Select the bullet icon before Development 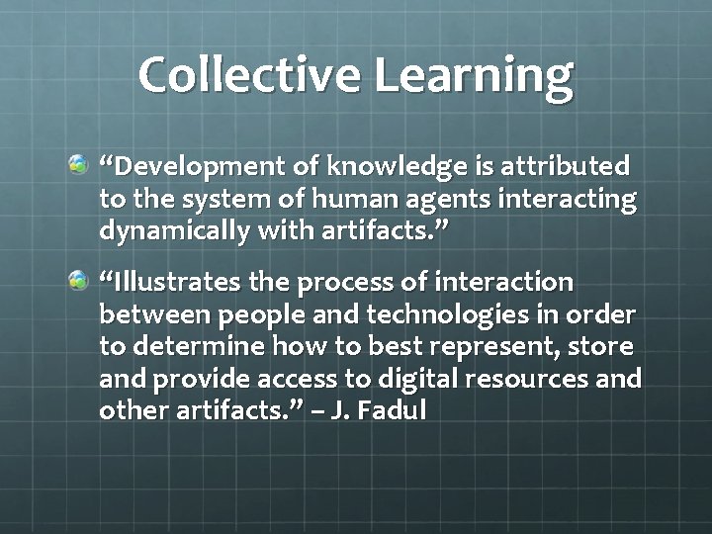click(78, 160)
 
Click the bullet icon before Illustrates click(78, 282)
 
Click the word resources click(546, 380)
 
